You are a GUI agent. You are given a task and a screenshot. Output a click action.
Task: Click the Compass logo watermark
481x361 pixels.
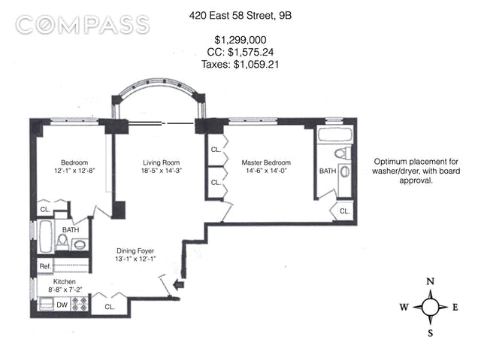click(x=83, y=25)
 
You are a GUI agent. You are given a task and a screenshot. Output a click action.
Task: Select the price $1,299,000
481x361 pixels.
click(x=240, y=40)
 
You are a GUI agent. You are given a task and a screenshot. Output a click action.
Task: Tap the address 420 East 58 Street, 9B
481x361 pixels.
click(x=240, y=15)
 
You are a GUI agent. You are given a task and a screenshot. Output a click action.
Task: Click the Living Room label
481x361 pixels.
click(x=162, y=162)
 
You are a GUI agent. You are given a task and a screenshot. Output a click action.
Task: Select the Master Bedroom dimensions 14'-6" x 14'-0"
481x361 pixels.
click(x=266, y=171)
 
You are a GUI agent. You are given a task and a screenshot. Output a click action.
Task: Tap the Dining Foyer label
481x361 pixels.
click(x=135, y=251)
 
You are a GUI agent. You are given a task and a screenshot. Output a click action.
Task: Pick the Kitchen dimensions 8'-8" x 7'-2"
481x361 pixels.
click(x=65, y=289)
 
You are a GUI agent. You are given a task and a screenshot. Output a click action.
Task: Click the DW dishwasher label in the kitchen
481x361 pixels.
click(x=62, y=305)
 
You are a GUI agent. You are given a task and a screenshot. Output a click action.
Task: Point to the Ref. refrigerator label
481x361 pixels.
click(x=45, y=266)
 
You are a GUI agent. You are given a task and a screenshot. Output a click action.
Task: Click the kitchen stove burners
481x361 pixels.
click(x=80, y=304)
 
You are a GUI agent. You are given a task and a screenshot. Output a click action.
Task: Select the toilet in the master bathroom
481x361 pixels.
click(x=343, y=153)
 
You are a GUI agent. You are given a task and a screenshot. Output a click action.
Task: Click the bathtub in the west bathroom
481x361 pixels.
click(x=46, y=236)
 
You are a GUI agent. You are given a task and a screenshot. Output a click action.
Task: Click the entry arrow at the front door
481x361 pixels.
click(x=178, y=285)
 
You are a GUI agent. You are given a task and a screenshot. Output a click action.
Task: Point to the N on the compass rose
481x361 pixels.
click(x=431, y=281)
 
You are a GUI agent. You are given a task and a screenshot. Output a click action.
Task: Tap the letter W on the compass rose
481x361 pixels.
click(x=404, y=307)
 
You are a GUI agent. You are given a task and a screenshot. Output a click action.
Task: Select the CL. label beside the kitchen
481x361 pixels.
click(x=110, y=307)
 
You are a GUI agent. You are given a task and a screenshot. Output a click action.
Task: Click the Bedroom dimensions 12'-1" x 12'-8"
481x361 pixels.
click(x=74, y=171)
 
